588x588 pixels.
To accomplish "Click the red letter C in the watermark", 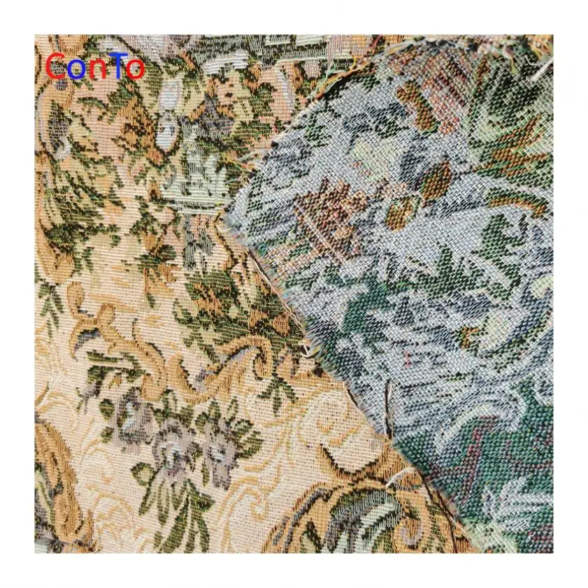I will pos(56,67).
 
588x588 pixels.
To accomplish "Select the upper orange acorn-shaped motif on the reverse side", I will pos(437,179).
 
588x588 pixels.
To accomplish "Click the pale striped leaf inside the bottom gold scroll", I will pos(350,521).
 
